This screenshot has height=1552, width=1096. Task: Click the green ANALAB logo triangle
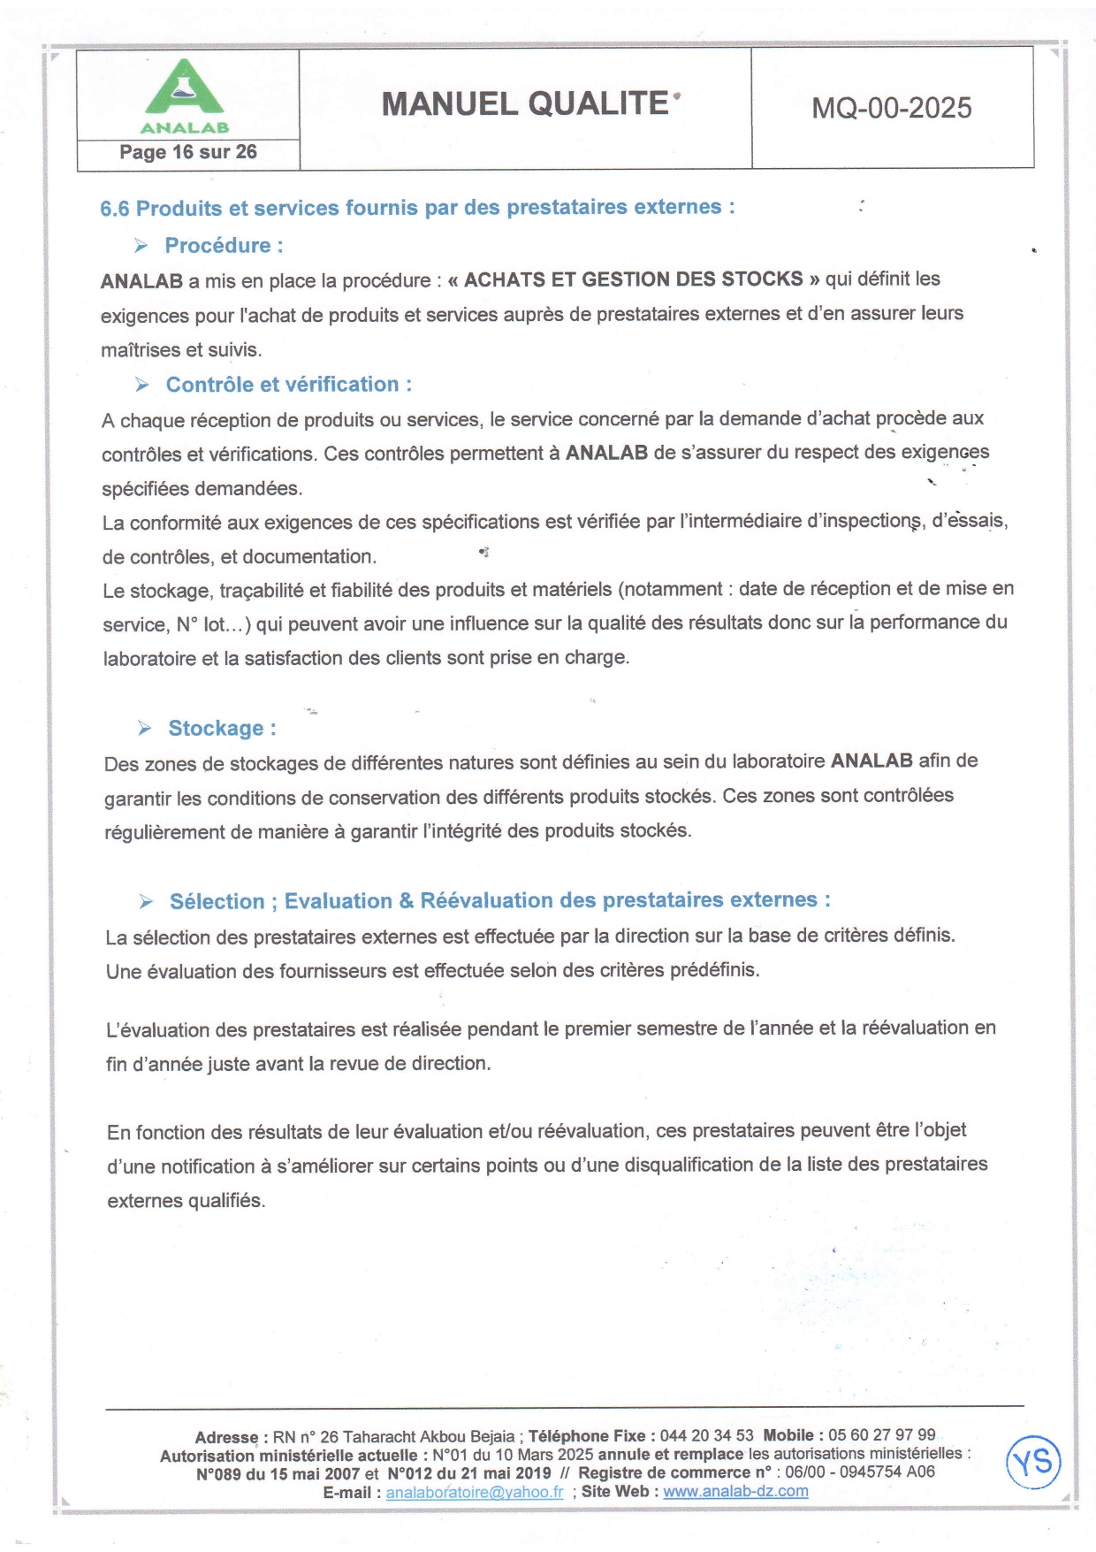[184, 88]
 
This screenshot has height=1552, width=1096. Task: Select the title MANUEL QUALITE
[525, 104]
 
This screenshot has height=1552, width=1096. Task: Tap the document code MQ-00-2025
[891, 108]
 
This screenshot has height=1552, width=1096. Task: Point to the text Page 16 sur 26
[188, 152]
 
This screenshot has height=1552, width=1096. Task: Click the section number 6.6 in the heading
[115, 209]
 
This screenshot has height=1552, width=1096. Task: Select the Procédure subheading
[224, 245]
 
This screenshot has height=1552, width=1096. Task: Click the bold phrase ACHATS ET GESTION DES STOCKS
[633, 279]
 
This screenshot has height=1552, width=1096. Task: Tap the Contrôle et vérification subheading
[288, 385]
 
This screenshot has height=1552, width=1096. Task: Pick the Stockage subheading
[222, 729]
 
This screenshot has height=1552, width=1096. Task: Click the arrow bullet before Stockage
[145, 728]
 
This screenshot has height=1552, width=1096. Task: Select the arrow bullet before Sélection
[147, 901]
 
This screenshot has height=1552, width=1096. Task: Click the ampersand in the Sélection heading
[406, 901]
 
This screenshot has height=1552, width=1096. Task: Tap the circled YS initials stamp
[1033, 1462]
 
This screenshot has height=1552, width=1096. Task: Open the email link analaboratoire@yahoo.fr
[474, 1492]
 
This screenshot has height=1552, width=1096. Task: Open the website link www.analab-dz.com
[735, 1491]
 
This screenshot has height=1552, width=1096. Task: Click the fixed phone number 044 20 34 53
[706, 1435]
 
